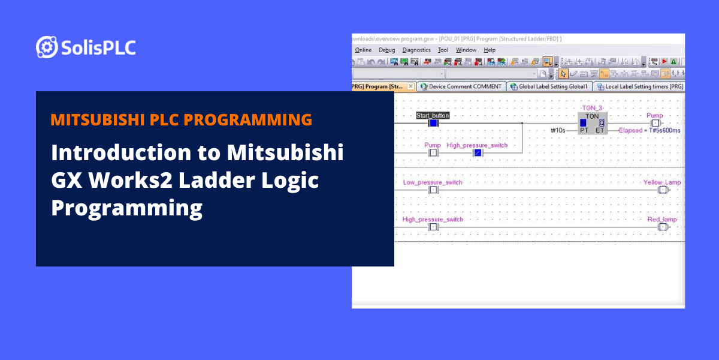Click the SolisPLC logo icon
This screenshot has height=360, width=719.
pyautogui.click(x=47, y=47)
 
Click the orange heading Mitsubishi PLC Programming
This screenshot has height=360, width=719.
pyautogui.click(x=181, y=119)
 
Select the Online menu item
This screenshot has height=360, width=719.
pyautogui.click(x=363, y=50)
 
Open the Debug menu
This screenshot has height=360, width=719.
pyautogui.click(x=386, y=50)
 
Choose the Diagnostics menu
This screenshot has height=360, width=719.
pyautogui.click(x=416, y=50)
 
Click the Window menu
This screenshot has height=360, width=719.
pyautogui.click(x=466, y=50)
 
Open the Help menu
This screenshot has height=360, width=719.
pyautogui.click(x=490, y=50)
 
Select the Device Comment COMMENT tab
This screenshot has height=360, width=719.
pyautogui.click(x=461, y=86)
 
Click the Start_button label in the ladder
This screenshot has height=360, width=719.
pyautogui.click(x=433, y=115)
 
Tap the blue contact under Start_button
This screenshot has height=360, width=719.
pyautogui.click(x=434, y=123)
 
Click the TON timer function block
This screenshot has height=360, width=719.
pyautogui.click(x=592, y=123)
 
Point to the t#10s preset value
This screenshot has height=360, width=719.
pyautogui.click(x=558, y=130)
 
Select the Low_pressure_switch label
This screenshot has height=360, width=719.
pyautogui.click(x=433, y=182)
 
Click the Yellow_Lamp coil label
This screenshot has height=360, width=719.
pyautogui.click(x=661, y=182)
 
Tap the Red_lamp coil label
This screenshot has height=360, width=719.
pyautogui.click(x=662, y=220)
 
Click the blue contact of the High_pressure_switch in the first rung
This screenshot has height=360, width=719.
pyautogui.click(x=478, y=153)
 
